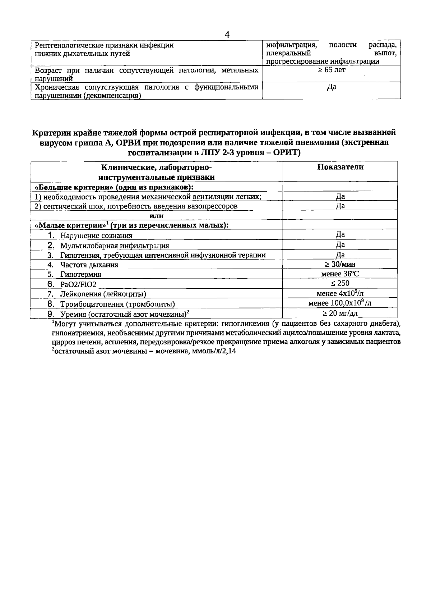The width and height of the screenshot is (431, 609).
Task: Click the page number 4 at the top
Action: pos(227,35)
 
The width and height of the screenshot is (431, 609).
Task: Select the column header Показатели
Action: pos(340,167)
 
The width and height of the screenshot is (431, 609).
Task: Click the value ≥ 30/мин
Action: pos(340,264)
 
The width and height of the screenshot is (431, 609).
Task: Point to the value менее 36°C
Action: pos(340,274)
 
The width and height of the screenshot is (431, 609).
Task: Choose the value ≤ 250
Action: pos(340,283)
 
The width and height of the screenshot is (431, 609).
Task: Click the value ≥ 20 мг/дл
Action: pos(340,313)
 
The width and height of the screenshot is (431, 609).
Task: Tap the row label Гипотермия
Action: pos(80,274)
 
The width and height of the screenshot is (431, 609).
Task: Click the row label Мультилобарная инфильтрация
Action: pos(114,246)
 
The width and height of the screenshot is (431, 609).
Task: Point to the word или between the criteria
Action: pos(157,216)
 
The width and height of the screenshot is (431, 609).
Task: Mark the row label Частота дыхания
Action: pos(89,265)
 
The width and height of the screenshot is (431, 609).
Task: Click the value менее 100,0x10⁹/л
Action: pos(340,303)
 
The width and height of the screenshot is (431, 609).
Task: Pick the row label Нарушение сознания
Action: pos(96,236)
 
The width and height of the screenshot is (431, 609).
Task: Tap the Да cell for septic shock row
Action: pos(340,206)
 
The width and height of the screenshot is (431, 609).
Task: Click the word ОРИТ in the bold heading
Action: pos(283,152)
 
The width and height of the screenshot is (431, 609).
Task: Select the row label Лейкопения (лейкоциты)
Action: pos(103,294)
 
